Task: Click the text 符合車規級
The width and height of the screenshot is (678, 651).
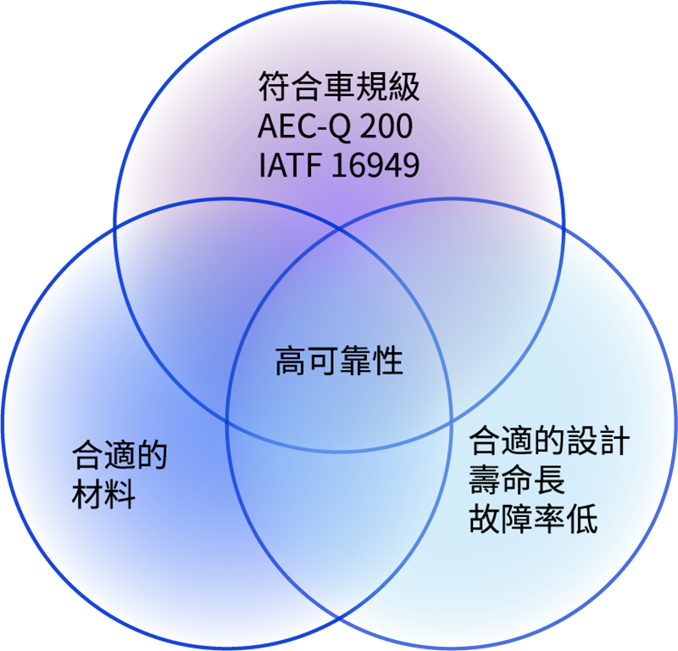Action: pyautogui.click(x=339, y=87)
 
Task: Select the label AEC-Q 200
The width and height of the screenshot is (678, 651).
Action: pyautogui.click(x=335, y=126)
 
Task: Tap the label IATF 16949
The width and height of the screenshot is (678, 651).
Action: pyautogui.click(x=339, y=165)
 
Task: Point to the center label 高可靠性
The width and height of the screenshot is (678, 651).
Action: pyautogui.click(x=340, y=361)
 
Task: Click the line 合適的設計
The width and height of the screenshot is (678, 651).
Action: pyautogui.click(x=549, y=441)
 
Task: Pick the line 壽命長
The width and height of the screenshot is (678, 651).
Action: pyautogui.click(x=517, y=480)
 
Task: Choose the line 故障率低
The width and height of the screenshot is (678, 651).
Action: pyautogui.click(x=534, y=518)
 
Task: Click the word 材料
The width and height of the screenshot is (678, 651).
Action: pyautogui.click(x=103, y=494)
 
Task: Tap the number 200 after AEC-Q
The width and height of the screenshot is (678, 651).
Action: pyautogui.click(x=386, y=126)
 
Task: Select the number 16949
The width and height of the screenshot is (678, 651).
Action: pyautogui.click(x=375, y=165)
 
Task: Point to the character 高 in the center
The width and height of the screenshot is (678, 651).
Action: pyautogui.click(x=292, y=361)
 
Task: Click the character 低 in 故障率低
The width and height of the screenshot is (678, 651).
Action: pyautogui.click(x=582, y=518)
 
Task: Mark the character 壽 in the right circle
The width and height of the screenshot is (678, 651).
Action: pyautogui.click(x=485, y=480)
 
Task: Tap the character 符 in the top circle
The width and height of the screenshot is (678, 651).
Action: pyautogui.click(x=274, y=87)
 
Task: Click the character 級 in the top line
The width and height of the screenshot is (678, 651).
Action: pyautogui.click(x=404, y=87)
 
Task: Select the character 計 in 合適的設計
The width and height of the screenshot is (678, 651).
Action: pyautogui.click(x=614, y=441)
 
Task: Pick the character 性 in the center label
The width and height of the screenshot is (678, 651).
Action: pyautogui.click(x=387, y=361)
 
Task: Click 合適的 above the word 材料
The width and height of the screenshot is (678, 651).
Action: pyautogui.click(x=119, y=455)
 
